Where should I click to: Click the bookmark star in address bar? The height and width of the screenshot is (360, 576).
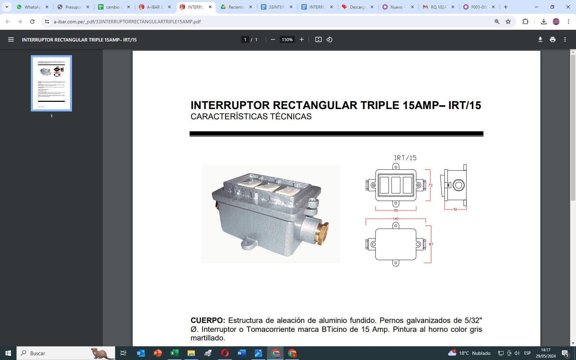click(508, 22)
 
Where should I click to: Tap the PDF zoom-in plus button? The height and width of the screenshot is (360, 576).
click(302, 40)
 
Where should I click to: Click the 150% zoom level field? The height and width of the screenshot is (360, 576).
click(287, 40)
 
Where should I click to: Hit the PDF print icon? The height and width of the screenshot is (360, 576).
click(552, 40)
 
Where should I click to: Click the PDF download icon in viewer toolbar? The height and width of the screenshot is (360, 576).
click(540, 40)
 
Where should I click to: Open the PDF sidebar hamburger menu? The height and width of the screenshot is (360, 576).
click(11, 40)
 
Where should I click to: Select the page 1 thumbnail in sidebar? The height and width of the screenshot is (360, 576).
click(51, 83)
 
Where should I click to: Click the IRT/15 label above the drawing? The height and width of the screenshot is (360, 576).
click(405, 158)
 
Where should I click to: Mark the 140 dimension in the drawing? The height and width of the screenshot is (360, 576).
click(396, 219)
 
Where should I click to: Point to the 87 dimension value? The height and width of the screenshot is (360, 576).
click(431, 244)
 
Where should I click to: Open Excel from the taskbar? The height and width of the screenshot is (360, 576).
click(174, 353)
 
